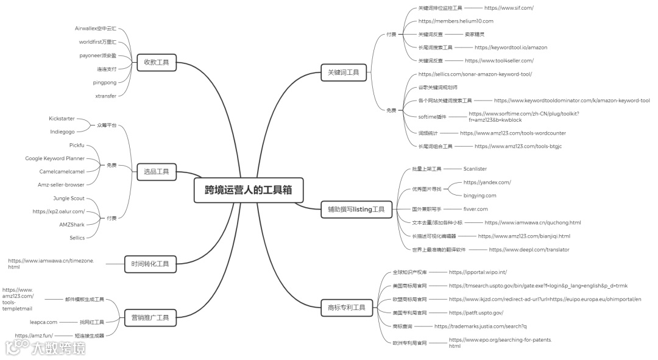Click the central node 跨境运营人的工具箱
pos(247,189)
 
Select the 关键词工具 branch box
pos(343,72)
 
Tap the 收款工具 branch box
pos(156,62)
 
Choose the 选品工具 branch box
pos(156,172)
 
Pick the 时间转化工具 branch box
pos(150,264)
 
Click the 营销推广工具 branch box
pos(150,317)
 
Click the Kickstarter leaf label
pos(62,118)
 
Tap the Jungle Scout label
pos(69,199)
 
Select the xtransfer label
pos(105,96)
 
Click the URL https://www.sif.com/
pos(509,8)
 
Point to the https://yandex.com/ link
pos(487,182)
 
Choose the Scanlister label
pos(475,169)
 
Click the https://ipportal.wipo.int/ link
pos(478,272)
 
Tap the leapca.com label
pos(43,322)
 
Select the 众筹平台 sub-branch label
pos(105,125)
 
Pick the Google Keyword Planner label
pos(55,158)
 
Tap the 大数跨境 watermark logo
pos(45,348)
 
